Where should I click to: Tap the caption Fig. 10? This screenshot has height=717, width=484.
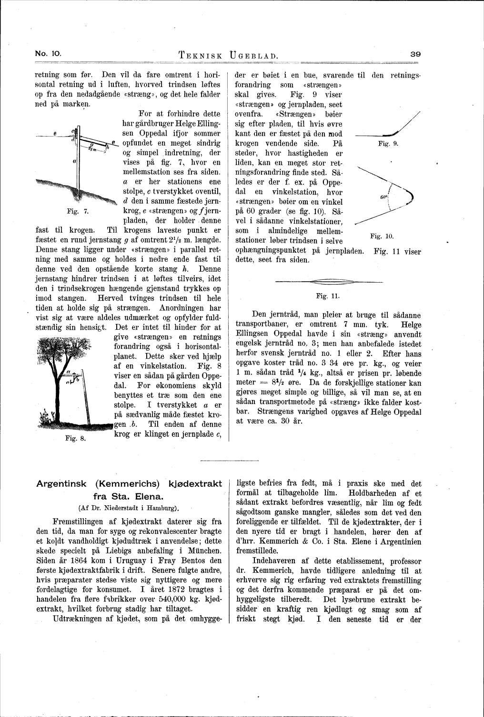382,236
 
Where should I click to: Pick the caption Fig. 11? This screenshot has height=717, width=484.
327,296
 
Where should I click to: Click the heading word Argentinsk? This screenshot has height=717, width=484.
61,484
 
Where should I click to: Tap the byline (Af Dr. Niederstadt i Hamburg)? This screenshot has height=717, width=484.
129,507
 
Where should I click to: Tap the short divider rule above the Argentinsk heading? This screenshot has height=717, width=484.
229,460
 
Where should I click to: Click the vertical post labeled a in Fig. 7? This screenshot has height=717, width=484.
78,162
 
